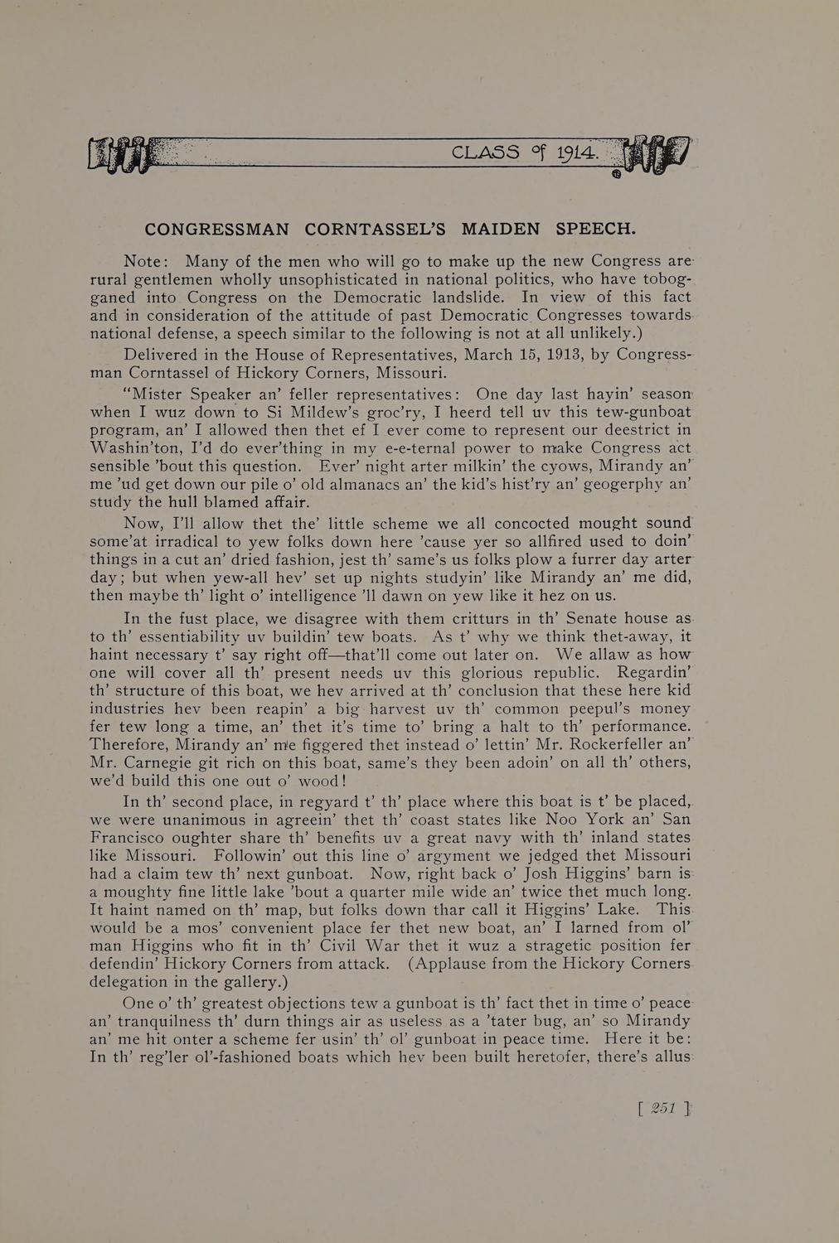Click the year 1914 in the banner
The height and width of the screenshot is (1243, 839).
(x=577, y=153)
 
